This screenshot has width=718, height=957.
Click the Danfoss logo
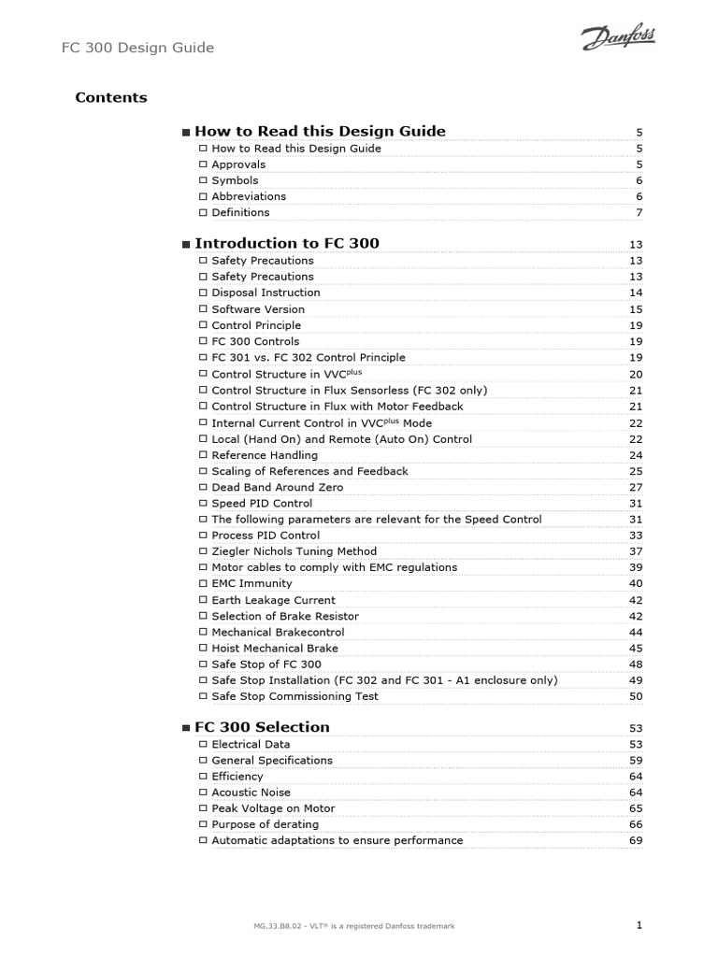pyautogui.click(x=618, y=38)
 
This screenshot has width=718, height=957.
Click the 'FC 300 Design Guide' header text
pyautogui.click(x=137, y=47)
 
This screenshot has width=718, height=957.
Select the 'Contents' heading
pyautogui.click(x=110, y=97)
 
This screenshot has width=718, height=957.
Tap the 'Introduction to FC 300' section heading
pyautogui.click(x=286, y=243)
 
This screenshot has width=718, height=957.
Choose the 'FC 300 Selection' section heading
pyautogui.click(x=262, y=726)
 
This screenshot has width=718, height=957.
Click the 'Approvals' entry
pyautogui.click(x=238, y=164)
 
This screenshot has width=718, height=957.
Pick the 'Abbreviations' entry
pyautogui.click(x=249, y=196)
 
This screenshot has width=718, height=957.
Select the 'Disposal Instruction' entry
pyautogui.click(x=266, y=293)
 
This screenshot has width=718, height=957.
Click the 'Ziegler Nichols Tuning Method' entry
pyautogui.click(x=293, y=551)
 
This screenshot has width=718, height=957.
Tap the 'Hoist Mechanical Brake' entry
pyautogui.click(x=275, y=648)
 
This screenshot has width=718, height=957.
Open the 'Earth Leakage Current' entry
pyautogui.click(x=273, y=600)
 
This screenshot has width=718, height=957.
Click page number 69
pyautogui.click(x=636, y=841)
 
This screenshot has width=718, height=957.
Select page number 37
pyautogui.click(x=636, y=551)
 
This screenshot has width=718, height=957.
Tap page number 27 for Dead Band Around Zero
pyautogui.click(x=636, y=488)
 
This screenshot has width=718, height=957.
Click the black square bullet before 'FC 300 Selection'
pyautogui.click(x=186, y=728)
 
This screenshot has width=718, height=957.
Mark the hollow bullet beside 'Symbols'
pyautogui.click(x=203, y=180)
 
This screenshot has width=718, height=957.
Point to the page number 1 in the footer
pyautogui.click(x=639, y=924)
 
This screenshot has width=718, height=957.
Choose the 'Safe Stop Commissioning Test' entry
pyautogui.click(x=294, y=696)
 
